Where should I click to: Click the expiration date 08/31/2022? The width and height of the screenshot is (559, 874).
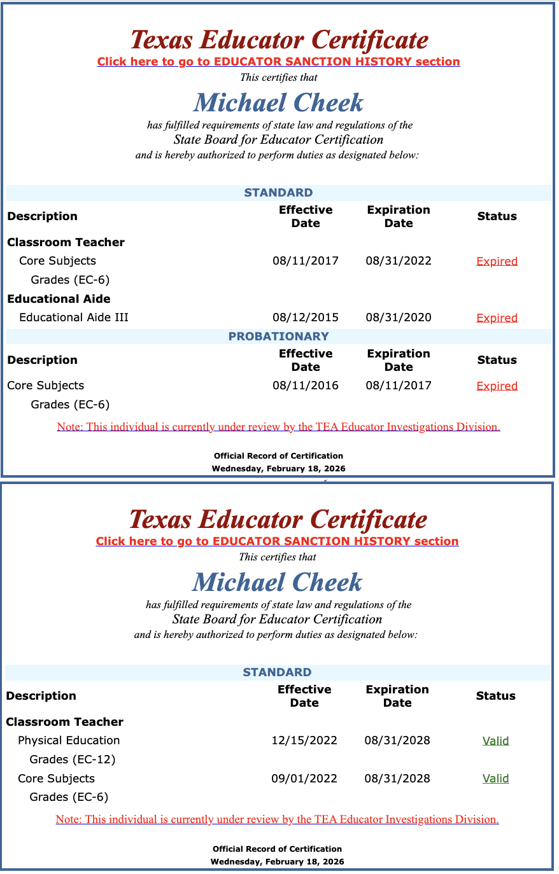pyautogui.click(x=399, y=261)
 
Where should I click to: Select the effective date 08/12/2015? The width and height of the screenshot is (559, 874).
pyautogui.click(x=306, y=317)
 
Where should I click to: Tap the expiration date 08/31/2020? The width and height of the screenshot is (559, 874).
pyautogui.click(x=399, y=317)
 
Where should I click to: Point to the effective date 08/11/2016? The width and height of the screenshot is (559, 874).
pyautogui.click(x=306, y=385)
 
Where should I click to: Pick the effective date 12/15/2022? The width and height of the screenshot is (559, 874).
pyautogui.click(x=304, y=740)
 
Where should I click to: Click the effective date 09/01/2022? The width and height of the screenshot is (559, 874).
pyautogui.click(x=304, y=779)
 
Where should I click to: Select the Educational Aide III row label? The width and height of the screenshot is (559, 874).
pyautogui.click(x=74, y=317)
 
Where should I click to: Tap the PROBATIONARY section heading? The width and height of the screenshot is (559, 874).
pyautogui.click(x=279, y=336)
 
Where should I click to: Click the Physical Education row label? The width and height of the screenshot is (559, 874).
pyautogui.click(x=69, y=740)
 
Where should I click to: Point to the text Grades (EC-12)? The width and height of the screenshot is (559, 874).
pyautogui.click(x=73, y=760)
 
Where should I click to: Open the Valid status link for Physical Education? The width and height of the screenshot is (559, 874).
pyautogui.click(x=495, y=740)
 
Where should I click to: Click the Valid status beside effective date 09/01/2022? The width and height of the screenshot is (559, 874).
pyautogui.click(x=495, y=779)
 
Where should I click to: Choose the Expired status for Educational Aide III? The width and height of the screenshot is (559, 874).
pyautogui.click(x=497, y=318)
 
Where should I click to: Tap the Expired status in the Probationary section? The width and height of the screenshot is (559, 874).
pyautogui.click(x=497, y=386)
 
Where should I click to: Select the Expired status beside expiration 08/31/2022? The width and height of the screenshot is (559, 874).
pyautogui.click(x=497, y=261)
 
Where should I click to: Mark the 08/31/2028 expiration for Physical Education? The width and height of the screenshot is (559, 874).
pyautogui.click(x=397, y=740)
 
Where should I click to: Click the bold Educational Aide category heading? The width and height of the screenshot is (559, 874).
pyautogui.click(x=59, y=299)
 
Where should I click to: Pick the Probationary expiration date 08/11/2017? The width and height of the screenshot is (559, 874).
pyautogui.click(x=399, y=385)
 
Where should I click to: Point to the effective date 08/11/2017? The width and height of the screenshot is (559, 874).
pyautogui.click(x=306, y=261)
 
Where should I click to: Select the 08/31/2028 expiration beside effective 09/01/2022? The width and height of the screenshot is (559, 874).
pyautogui.click(x=397, y=779)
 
